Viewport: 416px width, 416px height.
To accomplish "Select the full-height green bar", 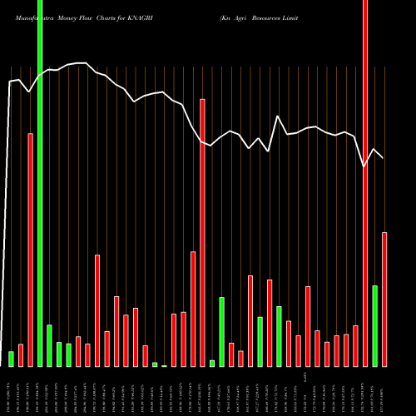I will [x=40, y=183].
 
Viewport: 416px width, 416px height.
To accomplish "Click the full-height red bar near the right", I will [x=365, y=183].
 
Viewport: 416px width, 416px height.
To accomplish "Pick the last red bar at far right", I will [x=384, y=300].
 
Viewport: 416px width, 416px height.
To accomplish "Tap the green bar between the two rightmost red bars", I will [x=375, y=325].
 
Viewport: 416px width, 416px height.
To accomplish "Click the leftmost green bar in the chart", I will [x=12, y=359].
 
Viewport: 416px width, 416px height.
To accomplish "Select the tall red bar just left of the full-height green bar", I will [x=31, y=250].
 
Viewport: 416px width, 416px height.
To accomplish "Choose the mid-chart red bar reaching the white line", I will [x=202, y=233].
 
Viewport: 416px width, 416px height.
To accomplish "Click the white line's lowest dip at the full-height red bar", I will [x=364, y=167].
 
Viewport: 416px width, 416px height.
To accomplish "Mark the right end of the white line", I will [x=384, y=158].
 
